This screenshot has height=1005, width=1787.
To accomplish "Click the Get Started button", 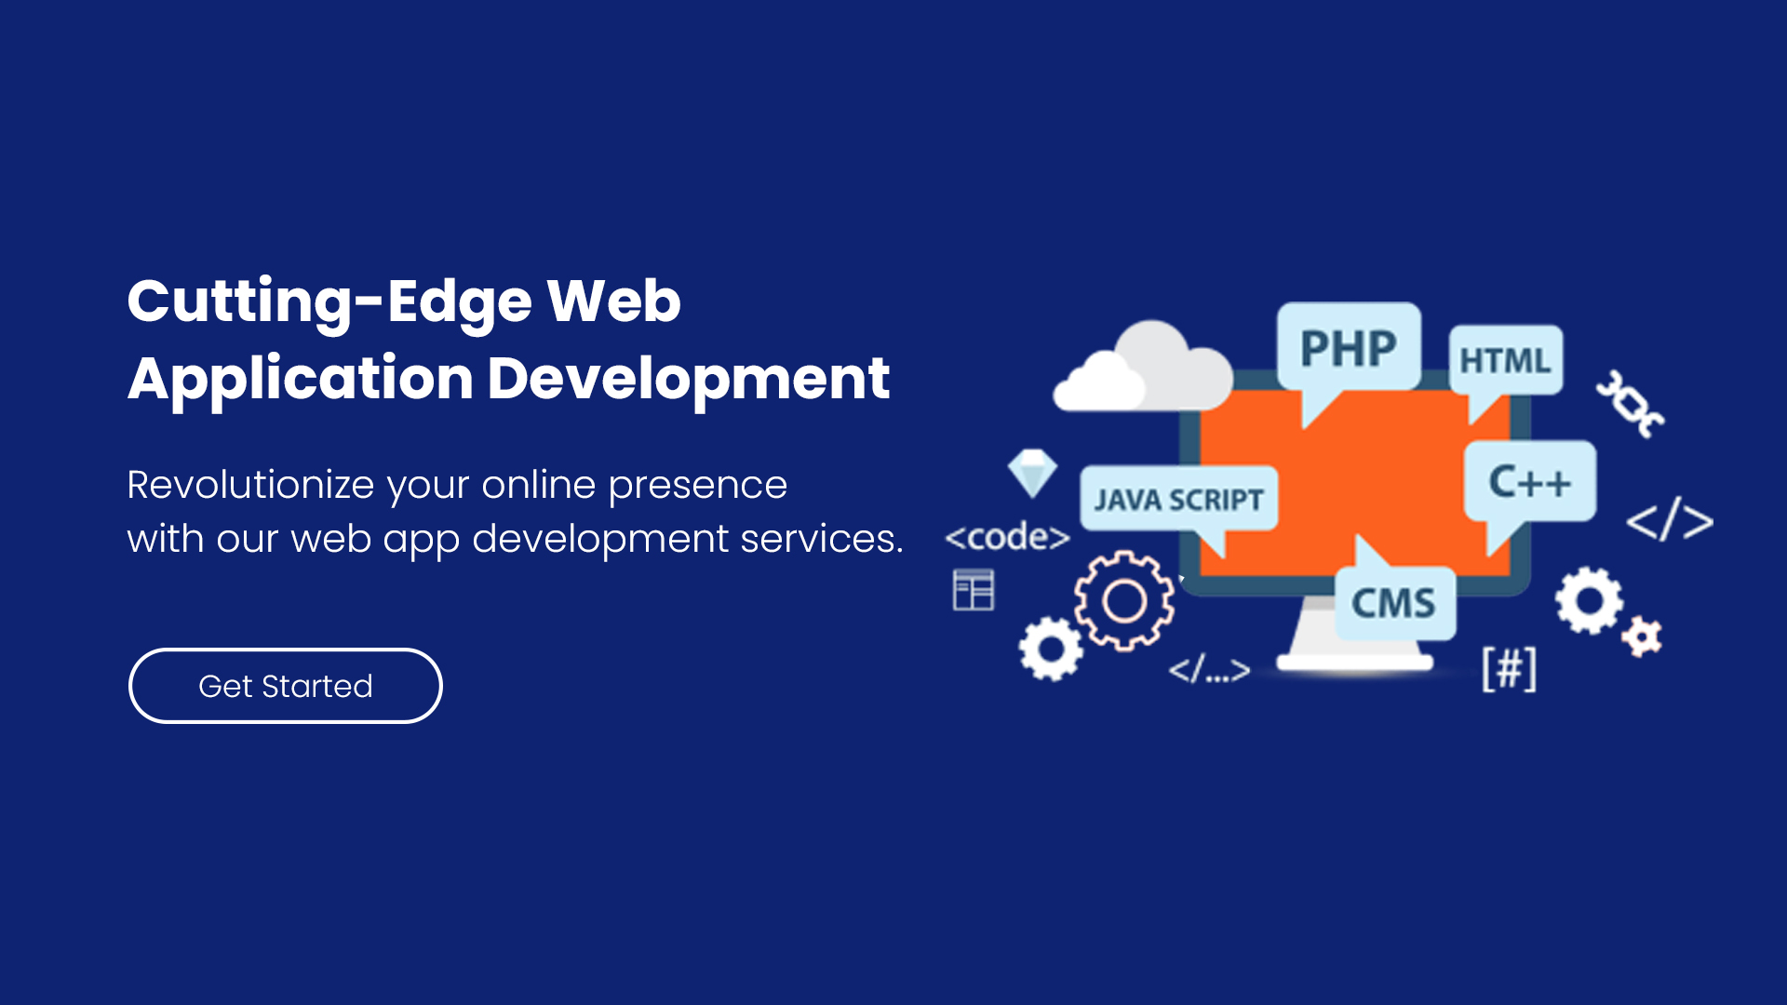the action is (x=285, y=686).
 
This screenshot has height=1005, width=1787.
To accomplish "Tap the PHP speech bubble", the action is (x=1349, y=349).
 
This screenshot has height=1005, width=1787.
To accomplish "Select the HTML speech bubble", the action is (x=1505, y=361).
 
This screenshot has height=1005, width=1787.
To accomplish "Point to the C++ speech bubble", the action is (x=1530, y=482).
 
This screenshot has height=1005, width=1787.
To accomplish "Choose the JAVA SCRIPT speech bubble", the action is (x=1178, y=500).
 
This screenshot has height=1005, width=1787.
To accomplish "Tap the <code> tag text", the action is (x=1007, y=537).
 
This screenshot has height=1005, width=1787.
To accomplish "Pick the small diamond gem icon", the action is (x=1032, y=473).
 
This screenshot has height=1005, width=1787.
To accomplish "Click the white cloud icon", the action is (x=1143, y=367).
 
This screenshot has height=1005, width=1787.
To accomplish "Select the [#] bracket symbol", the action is (x=1509, y=668).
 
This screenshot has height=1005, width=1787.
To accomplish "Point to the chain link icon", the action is (x=1630, y=404).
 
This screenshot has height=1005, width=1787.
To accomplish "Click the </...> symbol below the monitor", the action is (x=1209, y=669).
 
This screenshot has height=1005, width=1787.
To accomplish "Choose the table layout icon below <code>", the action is (x=974, y=590).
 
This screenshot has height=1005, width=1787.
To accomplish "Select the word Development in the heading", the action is (x=689, y=379).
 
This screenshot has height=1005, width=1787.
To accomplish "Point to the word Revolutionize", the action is (x=250, y=485).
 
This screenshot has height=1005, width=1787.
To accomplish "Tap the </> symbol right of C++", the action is (x=1670, y=519).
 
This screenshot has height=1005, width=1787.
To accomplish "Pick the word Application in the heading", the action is (x=301, y=380).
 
